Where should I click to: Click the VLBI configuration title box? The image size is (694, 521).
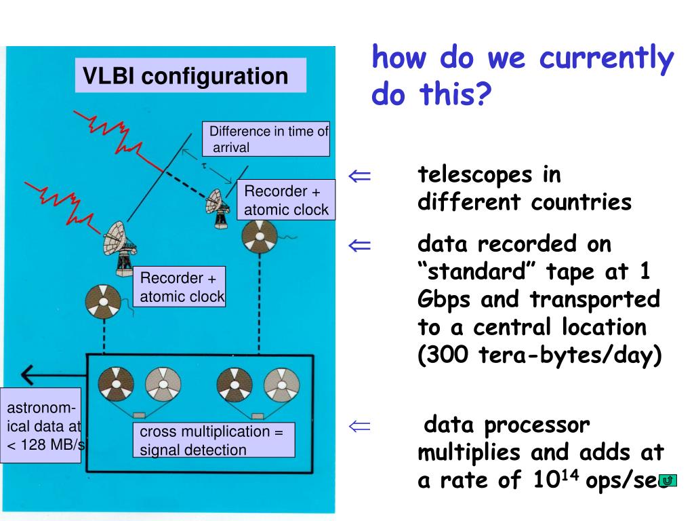190,75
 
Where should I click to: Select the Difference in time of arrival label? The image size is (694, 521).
267,139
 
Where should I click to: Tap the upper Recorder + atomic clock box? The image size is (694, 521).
286,200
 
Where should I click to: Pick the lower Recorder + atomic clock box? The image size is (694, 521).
179,287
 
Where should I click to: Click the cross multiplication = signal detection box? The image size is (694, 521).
214,440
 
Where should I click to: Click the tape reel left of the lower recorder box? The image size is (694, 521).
104,301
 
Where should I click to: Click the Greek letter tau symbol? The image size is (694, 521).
204,165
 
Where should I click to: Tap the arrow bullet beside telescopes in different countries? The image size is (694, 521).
360,176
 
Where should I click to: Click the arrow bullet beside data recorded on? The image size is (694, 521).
360,245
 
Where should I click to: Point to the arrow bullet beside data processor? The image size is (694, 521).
360,426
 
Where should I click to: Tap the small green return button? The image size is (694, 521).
668,480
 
